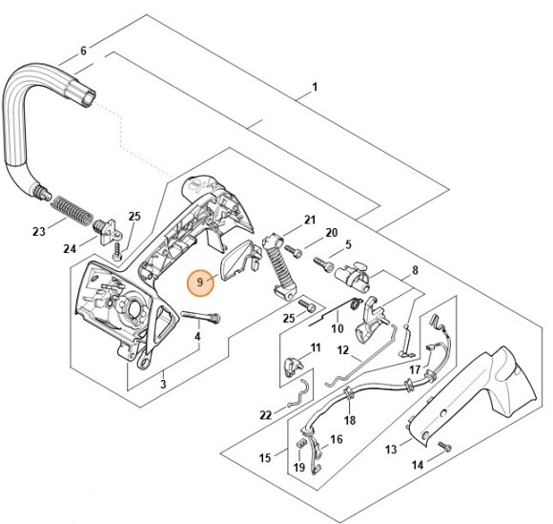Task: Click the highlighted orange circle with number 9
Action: tap(199, 283)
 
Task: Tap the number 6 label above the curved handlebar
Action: tap(83, 51)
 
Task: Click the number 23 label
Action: tap(38, 232)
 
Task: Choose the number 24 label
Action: tap(68, 250)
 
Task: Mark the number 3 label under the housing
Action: tap(163, 384)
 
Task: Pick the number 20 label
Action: tap(332, 233)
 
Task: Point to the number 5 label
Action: tap(348, 244)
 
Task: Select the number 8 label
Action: tap(415, 271)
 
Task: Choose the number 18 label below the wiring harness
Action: tap(350, 420)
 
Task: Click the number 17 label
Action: tap(415, 368)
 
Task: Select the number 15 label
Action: tap(266, 458)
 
